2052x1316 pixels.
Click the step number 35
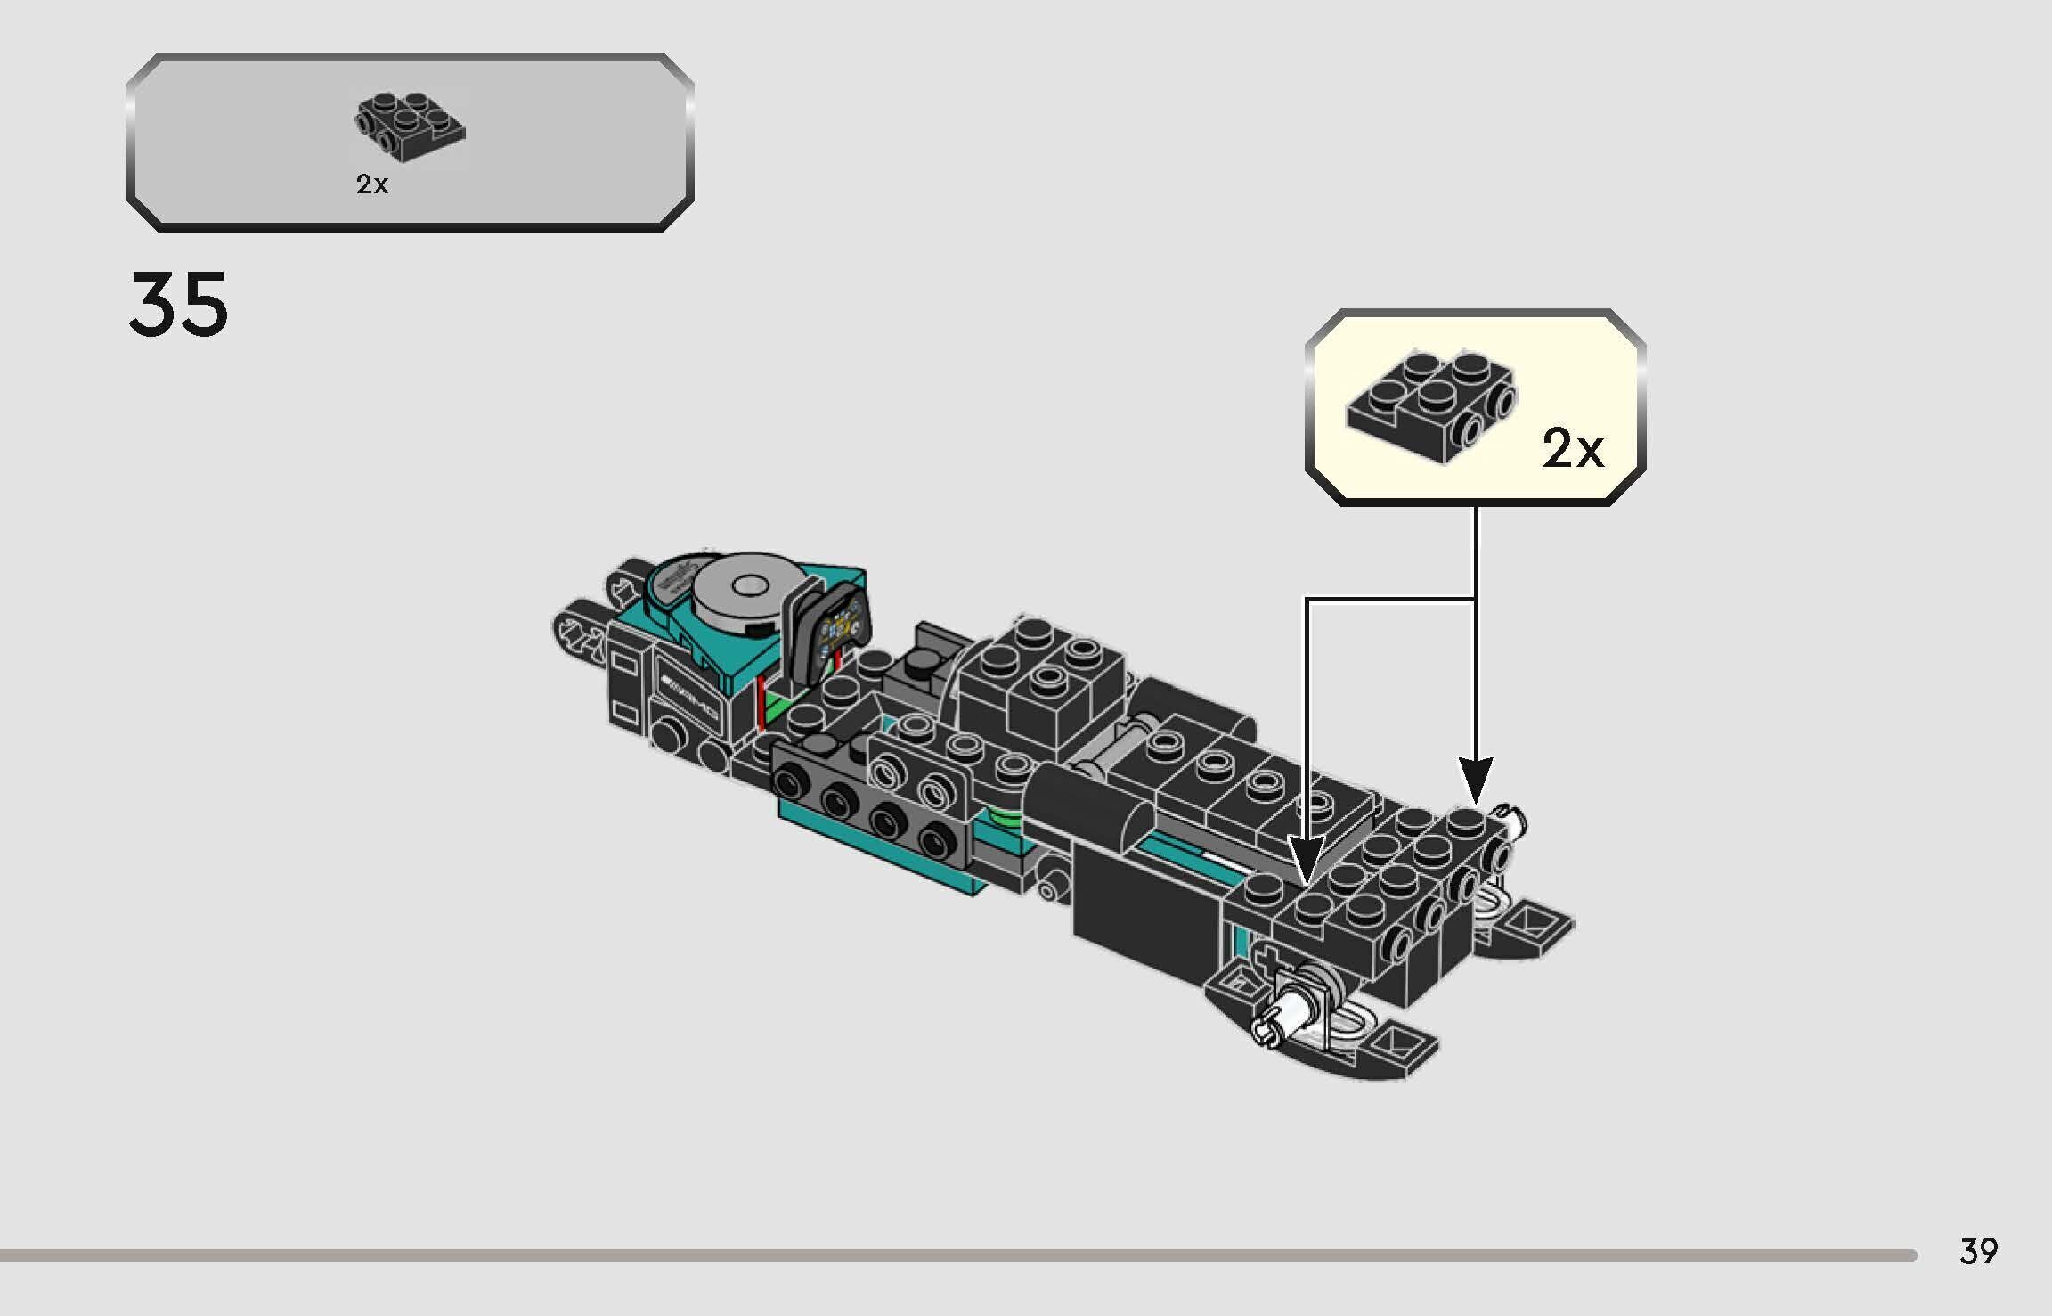click(x=178, y=306)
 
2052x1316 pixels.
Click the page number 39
click(x=1978, y=1252)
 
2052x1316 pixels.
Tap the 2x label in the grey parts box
click(x=372, y=184)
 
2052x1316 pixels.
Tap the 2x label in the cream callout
click(x=1572, y=449)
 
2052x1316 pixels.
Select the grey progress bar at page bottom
click(x=957, y=1255)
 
